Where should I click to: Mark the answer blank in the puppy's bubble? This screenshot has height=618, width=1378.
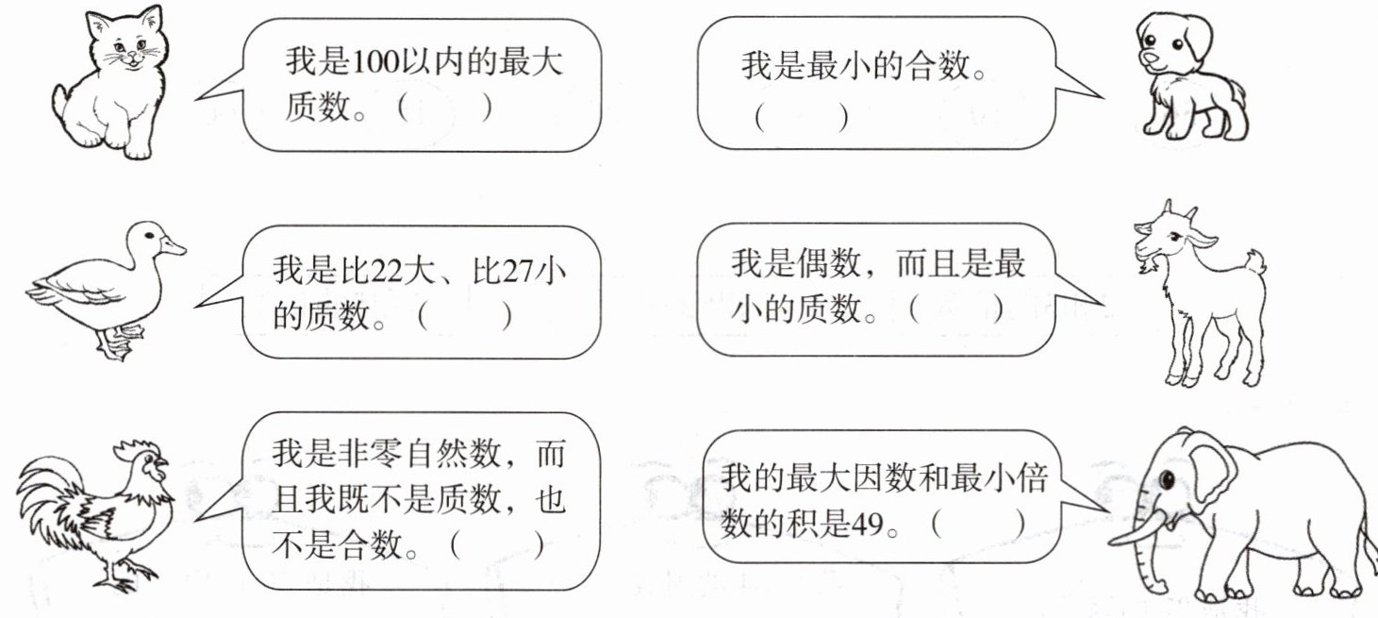(x=801, y=118)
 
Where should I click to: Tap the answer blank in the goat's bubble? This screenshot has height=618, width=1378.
(x=955, y=310)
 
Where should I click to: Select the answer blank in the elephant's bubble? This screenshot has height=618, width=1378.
(x=977, y=525)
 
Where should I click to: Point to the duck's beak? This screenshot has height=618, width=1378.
(x=174, y=247)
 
